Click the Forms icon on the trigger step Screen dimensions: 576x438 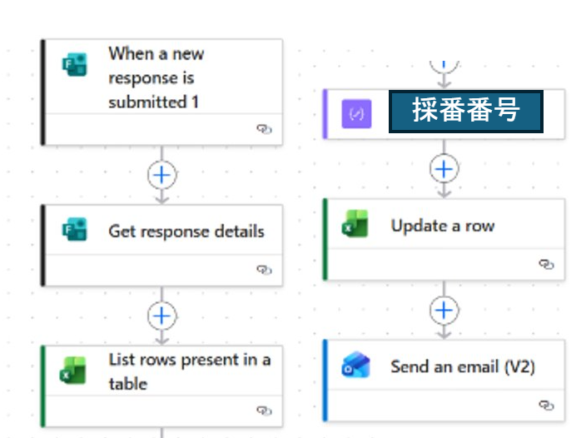pos(75,64)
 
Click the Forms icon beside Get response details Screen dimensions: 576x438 pos(75,229)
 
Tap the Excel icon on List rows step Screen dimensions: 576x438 pos(72,371)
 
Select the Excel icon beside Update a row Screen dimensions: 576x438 pos(355,223)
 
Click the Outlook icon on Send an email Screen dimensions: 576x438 pos(355,365)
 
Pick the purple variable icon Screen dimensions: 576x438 pos(356,114)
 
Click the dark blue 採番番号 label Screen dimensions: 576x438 pos(466,111)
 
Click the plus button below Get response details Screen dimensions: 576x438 pos(162,316)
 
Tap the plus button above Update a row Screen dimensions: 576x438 pos(444,169)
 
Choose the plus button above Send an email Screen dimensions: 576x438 pos(444,311)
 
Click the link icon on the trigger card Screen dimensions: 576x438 pos(264,129)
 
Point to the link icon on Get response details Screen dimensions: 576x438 pos(264,270)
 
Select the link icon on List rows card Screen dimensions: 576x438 pos(264,410)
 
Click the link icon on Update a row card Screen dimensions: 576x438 pos(546,264)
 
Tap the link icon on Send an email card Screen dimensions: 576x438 pos(546,406)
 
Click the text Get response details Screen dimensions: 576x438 pos(186,231)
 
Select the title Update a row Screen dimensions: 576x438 pos(443,226)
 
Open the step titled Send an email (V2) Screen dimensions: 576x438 pos(463,366)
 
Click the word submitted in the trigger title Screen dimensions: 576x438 pos(147,102)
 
